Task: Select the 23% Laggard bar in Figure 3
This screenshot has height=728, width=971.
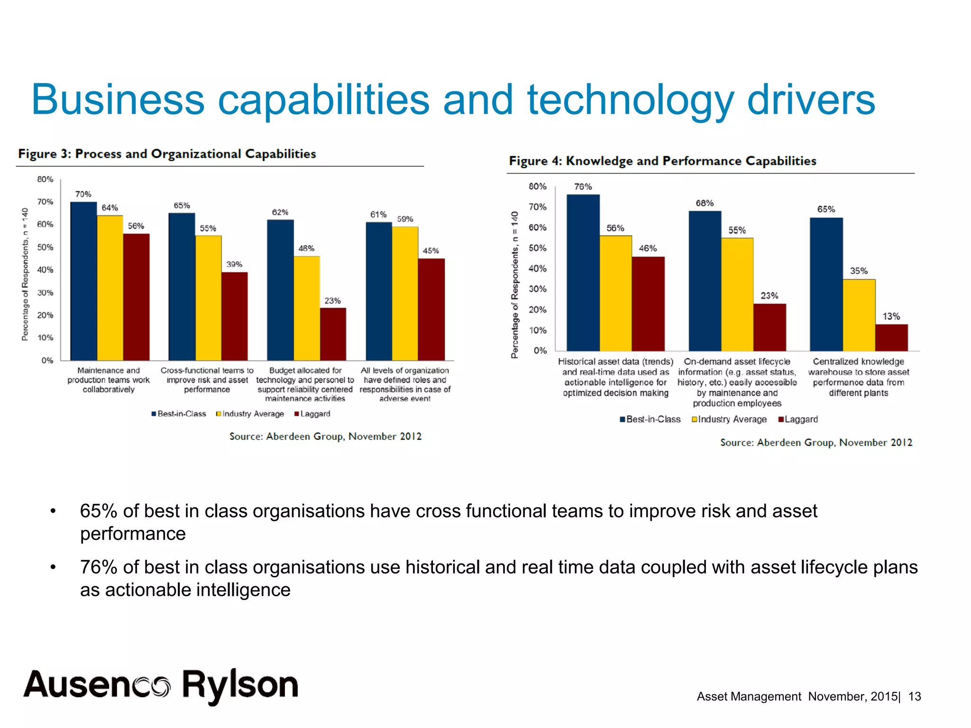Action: (x=333, y=334)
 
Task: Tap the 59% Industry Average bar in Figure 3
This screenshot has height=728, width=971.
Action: (x=405, y=293)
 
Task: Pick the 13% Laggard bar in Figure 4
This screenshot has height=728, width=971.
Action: (x=891, y=337)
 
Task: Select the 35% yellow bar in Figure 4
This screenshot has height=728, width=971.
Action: (x=859, y=315)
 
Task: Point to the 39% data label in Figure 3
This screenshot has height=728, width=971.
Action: (x=234, y=264)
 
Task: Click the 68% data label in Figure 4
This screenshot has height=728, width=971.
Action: (x=704, y=203)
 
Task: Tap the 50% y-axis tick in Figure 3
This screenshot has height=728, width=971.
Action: (x=45, y=247)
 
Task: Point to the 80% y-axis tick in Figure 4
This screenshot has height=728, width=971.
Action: (x=537, y=186)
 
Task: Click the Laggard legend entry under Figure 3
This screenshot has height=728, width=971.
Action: (x=312, y=414)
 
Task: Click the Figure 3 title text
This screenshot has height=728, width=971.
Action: (x=167, y=154)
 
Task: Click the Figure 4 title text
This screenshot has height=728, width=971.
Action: (x=662, y=161)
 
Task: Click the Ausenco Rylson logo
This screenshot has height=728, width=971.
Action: (x=161, y=685)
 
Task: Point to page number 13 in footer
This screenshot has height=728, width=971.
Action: (x=914, y=696)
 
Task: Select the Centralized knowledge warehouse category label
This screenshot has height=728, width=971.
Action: (x=858, y=377)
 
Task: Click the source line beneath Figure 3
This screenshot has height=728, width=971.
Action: (x=325, y=436)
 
